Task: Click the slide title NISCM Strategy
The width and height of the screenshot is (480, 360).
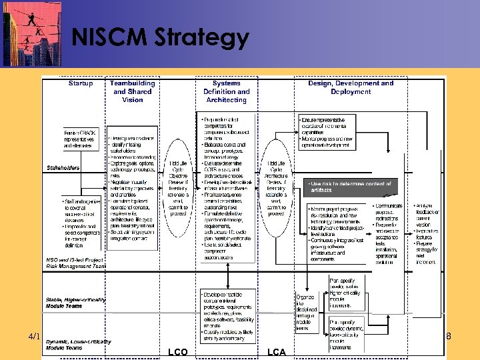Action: [x=160, y=38]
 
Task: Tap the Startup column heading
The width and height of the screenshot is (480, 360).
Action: [x=81, y=83]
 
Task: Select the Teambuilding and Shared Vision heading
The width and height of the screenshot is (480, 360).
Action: [x=133, y=91]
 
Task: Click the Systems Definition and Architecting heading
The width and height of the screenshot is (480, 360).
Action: [x=226, y=91]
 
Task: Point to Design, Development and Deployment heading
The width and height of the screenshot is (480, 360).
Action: [x=351, y=87]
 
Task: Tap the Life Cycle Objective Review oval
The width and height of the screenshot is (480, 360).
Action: [x=178, y=189]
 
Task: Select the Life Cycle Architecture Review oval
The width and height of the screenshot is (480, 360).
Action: [x=276, y=189]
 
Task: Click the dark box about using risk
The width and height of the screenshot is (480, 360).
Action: [x=350, y=187]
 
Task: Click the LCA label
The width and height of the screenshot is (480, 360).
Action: [x=276, y=351]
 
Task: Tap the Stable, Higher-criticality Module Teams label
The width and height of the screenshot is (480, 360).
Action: [x=75, y=303]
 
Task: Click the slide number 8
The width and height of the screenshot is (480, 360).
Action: [x=449, y=337]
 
